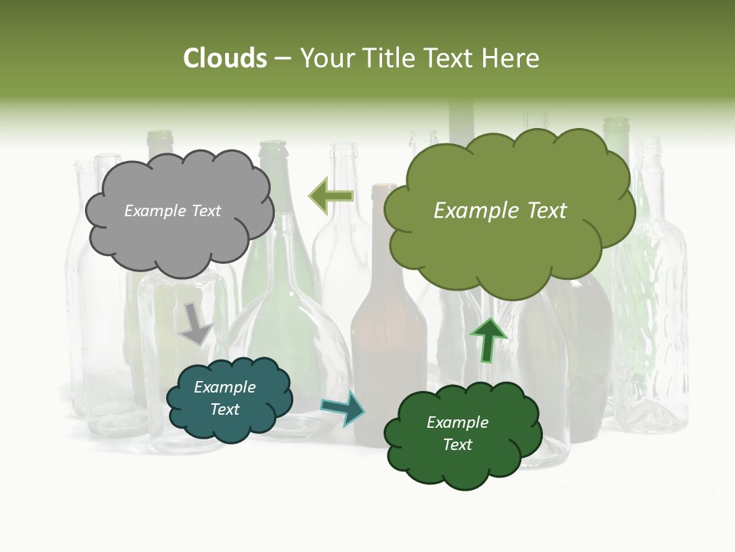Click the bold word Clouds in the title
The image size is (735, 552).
tap(225, 58)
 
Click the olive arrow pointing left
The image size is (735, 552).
tap(332, 196)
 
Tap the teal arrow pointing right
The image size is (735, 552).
tap(343, 407)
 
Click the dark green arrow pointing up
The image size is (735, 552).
tap(488, 340)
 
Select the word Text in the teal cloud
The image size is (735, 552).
tap(225, 409)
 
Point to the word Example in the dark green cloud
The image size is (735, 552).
tap(457, 422)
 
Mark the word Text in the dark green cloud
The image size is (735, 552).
tap(457, 445)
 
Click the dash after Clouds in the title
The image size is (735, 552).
tap(283, 58)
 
